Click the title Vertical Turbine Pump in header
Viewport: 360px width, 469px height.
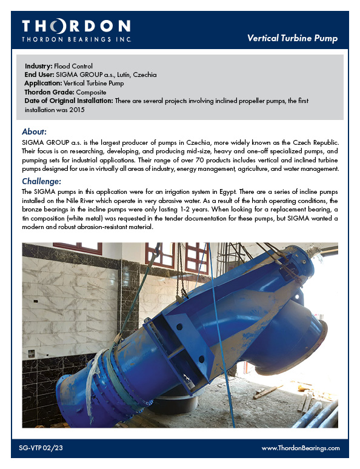click(x=292, y=38)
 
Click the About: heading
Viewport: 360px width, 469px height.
click(x=34, y=131)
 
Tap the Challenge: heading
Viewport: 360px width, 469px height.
click(x=41, y=181)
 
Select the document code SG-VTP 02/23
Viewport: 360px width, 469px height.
click(x=41, y=448)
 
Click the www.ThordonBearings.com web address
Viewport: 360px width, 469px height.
click(x=301, y=448)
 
